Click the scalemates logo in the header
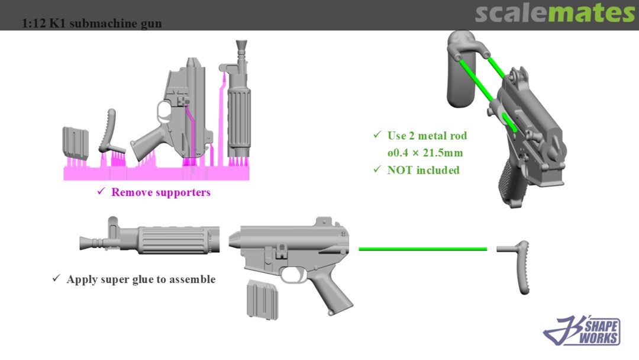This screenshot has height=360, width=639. (x=554, y=13)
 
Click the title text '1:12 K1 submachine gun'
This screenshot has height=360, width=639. (x=92, y=23)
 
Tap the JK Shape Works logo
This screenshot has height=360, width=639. (x=582, y=330)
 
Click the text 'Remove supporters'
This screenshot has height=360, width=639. (x=161, y=192)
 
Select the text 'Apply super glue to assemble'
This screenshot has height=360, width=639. (x=141, y=279)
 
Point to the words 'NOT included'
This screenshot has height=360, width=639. (x=424, y=170)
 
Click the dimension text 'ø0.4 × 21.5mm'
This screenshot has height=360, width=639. (x=425, y=153)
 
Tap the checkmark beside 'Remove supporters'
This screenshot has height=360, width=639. (x=101, y=191)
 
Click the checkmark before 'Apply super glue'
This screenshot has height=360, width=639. (x=56, y=278)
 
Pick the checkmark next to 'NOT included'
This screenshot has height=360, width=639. (x=377, y=169)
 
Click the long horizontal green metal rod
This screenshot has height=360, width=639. (x=422, y=249)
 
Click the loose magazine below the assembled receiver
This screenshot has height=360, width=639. (x=263, y=300)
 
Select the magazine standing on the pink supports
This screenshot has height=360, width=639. (x=75, y=142)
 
